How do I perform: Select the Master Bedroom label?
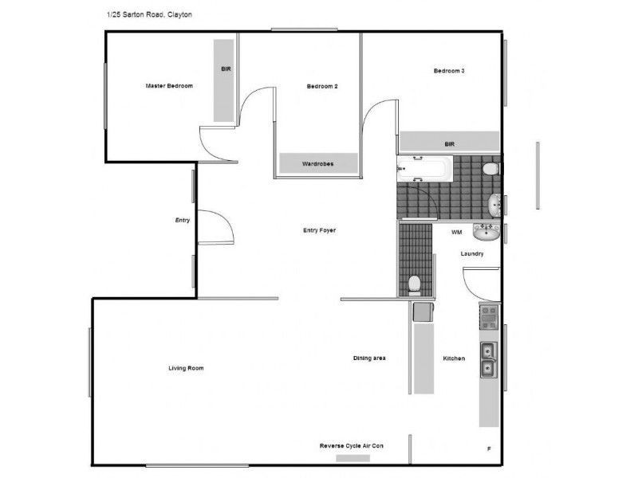[x=169, y=85]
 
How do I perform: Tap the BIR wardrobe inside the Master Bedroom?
[x=224, y=80]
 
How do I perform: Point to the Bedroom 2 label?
[x=322, y=85]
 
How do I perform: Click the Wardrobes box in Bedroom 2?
[x=317, y=163]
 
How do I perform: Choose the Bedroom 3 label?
[x=449, y=71]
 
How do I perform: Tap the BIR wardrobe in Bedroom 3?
[x=449, y=143]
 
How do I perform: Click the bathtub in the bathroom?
[x=424, y=169]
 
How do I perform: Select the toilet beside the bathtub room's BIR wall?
[x=490, y=169]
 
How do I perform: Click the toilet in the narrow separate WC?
[x=414, y=284]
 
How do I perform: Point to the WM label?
[x=457, y=233]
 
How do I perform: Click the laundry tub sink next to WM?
[x=486, y=232]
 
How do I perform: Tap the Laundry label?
[x=472, y=253]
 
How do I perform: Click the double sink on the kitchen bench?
[x=487, y=359]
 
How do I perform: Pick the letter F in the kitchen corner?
[x=488, y=449]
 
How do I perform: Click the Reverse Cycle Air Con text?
[x=351, y=446]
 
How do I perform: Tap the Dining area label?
[x=369, y=358]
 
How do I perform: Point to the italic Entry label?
[x=183, y=220]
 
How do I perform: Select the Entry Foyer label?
[x=319, y=230]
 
